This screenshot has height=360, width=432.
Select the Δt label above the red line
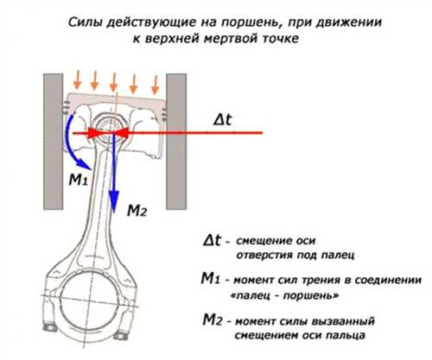pos(223,119)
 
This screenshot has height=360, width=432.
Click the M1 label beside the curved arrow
pos(78,180)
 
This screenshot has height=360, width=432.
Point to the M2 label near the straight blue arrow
pos(137,211)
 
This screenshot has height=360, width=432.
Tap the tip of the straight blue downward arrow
pos(114,212)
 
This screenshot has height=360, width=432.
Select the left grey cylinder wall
pos(54,142)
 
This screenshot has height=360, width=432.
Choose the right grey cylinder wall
pos(176,142)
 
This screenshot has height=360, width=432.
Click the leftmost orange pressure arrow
pos(77,80)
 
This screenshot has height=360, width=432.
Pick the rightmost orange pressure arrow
pos(156,85)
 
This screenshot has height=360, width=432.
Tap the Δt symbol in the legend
pos(213,240)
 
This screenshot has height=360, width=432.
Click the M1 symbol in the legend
pos(211,279)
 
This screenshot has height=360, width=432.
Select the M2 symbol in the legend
pos(213,319)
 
